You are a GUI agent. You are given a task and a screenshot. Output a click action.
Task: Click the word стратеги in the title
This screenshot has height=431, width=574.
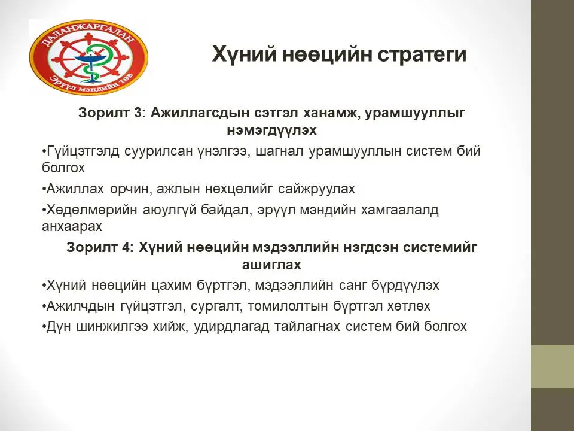coord(422,54)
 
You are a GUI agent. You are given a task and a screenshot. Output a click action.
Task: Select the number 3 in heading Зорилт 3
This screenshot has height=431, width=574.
coord(138,113)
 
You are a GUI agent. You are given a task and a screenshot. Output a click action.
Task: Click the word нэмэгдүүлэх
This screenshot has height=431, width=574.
coord(271,130)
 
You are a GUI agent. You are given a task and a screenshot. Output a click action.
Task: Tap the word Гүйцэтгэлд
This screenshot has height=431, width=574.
coord(83,151)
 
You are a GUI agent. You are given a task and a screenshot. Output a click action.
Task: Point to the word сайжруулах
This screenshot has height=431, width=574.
coord(316,189)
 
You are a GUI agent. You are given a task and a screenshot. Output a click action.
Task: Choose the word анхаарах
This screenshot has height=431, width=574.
coord(72,227)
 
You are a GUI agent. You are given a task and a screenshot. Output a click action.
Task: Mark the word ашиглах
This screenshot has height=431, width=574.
coord(271,265)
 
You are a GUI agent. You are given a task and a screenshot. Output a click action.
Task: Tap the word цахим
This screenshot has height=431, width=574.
coord(172,285)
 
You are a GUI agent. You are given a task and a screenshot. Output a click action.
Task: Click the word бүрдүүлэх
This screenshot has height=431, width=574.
coord(405,285)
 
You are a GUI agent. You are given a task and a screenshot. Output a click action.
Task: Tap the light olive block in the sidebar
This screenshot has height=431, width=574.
coord(552,366)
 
